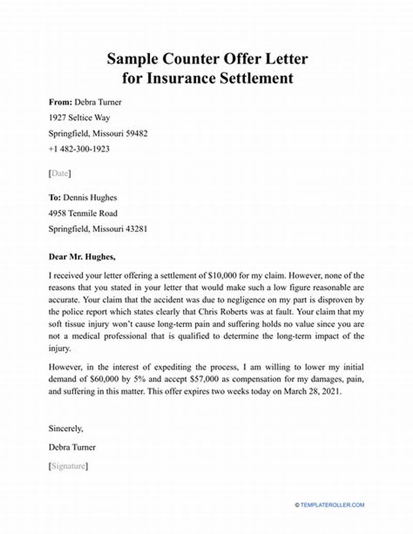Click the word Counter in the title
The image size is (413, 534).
point(178,58)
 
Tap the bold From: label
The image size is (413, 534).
point(60,102)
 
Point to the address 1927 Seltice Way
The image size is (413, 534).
point(79,118)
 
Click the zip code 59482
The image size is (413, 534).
point(136,133)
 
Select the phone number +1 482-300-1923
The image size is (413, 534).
point(79,149)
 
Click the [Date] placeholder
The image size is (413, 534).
point(60,174)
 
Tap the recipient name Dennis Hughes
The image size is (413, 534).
point(90,197)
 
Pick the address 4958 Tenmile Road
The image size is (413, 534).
point(83,213)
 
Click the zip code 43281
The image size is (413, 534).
point(136,228)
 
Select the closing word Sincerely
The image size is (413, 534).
point(66,428)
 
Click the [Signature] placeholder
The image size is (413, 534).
point(68,466)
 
